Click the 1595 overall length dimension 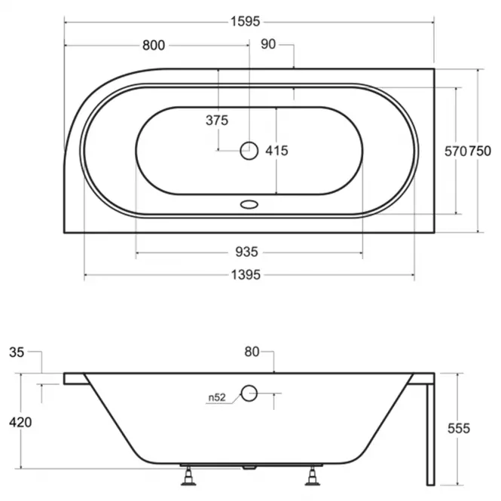pos(246,22)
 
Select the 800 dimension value pos(154,45)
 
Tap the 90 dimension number pos(268,44)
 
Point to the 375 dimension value pos(217,121)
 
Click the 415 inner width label pos(276,151)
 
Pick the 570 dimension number pos(456,151)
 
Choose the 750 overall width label pos(480,151)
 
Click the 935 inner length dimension pos(246,252)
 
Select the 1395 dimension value pos(246,275)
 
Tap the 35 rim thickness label pos(17,353)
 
